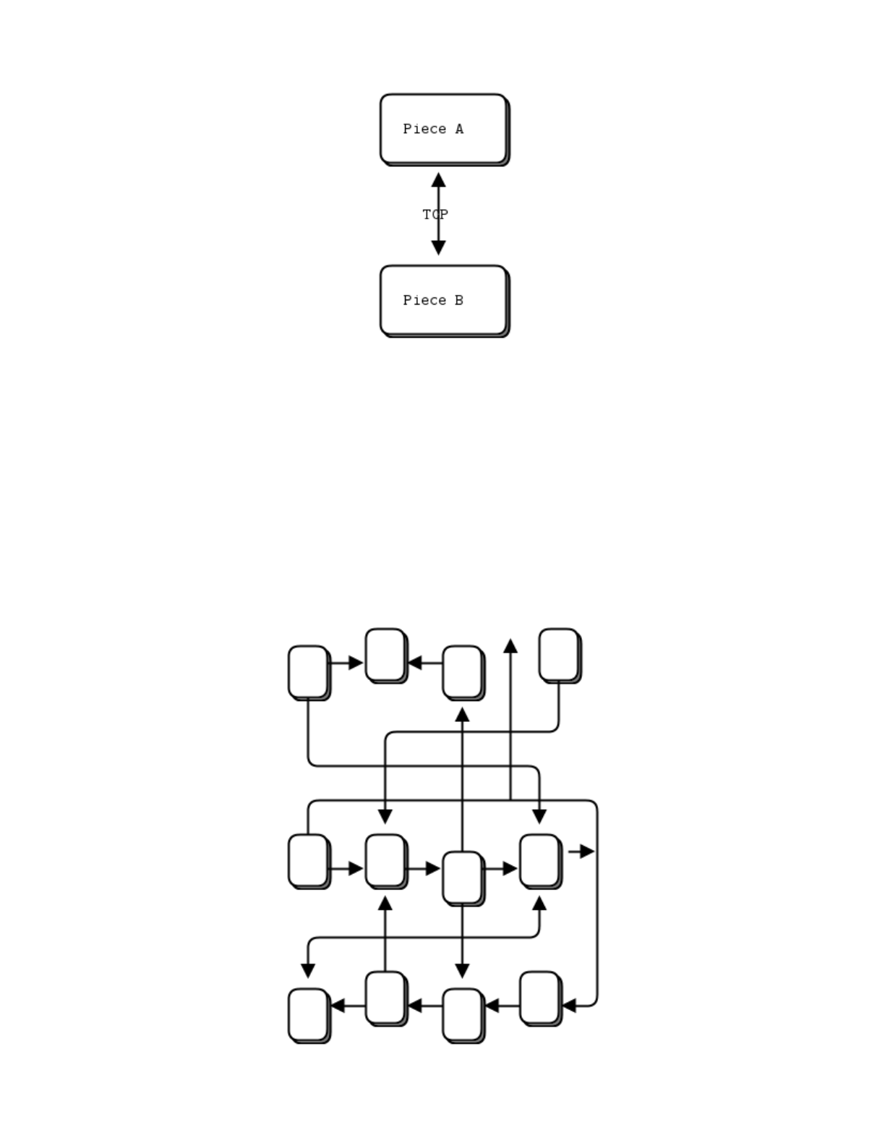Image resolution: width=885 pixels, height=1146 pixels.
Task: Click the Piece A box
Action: (443, 129)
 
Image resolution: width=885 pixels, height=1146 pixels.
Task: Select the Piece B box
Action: (443, 300)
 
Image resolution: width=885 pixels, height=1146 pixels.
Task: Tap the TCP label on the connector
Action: (435, 215)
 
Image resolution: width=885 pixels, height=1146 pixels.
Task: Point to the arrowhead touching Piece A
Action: (438, 180)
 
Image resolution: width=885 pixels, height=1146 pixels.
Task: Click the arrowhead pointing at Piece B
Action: (438, 247)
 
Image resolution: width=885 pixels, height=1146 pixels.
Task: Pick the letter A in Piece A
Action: (459, 130)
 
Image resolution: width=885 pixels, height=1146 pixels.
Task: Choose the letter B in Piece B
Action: (459, 301)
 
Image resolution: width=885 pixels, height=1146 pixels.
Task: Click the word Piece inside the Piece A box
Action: (424, 130)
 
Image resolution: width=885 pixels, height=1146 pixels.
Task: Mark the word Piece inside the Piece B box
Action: (424, 301)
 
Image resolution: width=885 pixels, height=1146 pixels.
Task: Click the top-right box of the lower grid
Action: (559, 655)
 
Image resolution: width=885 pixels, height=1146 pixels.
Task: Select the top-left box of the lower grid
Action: (309, 672)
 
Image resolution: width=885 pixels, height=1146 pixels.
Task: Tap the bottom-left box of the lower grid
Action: (309, 1014)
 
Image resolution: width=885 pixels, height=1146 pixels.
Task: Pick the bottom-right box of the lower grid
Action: (539, 998)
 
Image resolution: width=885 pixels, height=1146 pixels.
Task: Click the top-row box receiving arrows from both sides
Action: (385, 655)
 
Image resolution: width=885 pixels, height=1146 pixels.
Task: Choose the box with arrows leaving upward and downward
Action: (462, 878)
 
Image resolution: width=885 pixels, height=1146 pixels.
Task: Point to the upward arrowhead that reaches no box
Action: (510, 646)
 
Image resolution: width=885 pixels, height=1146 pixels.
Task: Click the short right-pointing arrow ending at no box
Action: (581, 852)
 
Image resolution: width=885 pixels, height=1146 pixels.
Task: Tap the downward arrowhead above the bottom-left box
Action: (308, 970)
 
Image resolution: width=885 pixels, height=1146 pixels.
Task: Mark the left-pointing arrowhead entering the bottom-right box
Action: (568, 1006)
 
